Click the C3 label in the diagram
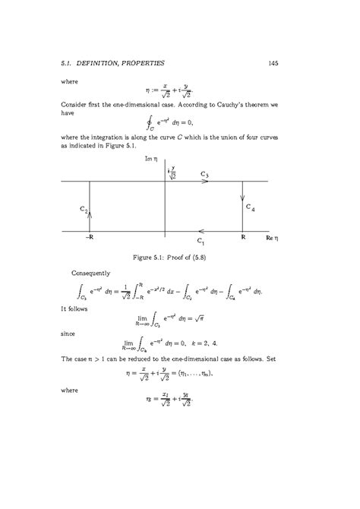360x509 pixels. [x=205, y=174]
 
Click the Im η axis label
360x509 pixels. [x=150, y=160]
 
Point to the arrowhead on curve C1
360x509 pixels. [x=199, y=232]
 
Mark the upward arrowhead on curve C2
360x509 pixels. [x=90, y=215]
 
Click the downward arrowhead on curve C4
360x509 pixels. [x=242, y=198]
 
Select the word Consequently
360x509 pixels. [x=90, y=271]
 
